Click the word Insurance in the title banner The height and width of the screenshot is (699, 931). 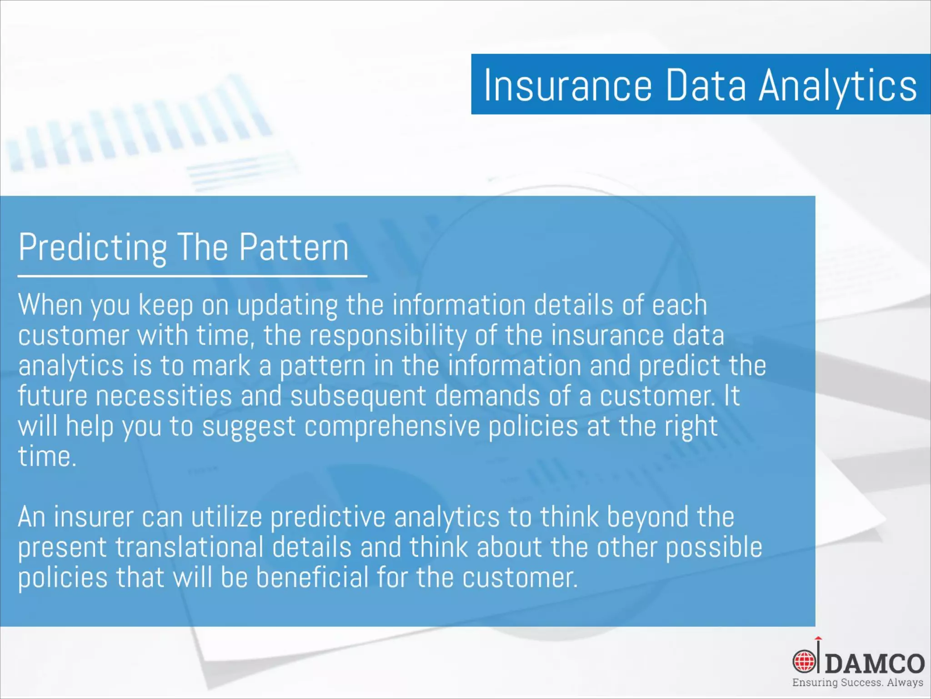click(x=568, y=85)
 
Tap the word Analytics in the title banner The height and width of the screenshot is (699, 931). click(x=838, y=85)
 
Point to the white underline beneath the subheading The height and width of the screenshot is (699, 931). click(x=192, y=276)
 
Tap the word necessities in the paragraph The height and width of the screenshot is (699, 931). click(x=164, y=395)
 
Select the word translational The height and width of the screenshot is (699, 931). click(x=189, y=547)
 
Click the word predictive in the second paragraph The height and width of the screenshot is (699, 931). click(x=328, y=517)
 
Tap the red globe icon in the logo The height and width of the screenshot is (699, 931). click(x=804, y=661)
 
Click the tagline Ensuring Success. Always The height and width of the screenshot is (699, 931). click(x=857, y=683)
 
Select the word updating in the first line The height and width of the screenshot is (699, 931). click(x=287, y=305)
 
